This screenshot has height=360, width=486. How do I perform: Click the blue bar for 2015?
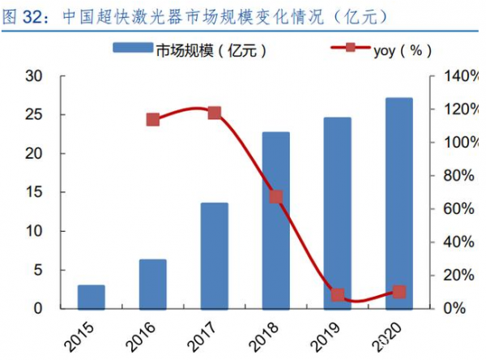click(x=92, y=297)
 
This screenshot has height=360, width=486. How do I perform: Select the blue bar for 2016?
click(x=153, y=284)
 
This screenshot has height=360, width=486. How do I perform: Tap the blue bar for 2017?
click(x=215, y=255)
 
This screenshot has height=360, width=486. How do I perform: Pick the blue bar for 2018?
click(x=276, y=220)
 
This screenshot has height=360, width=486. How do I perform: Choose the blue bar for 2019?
click(x=338, y=212)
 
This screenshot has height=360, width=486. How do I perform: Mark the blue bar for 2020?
click(x=399, y=203)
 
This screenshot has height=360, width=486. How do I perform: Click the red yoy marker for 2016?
click(x=153, y=120)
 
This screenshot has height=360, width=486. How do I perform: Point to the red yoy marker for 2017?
click(x=215, y=113)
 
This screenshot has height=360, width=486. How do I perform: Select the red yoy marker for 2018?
click(x=276, y=197)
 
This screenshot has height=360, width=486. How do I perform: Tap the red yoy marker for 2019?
click(x=338, y=295)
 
